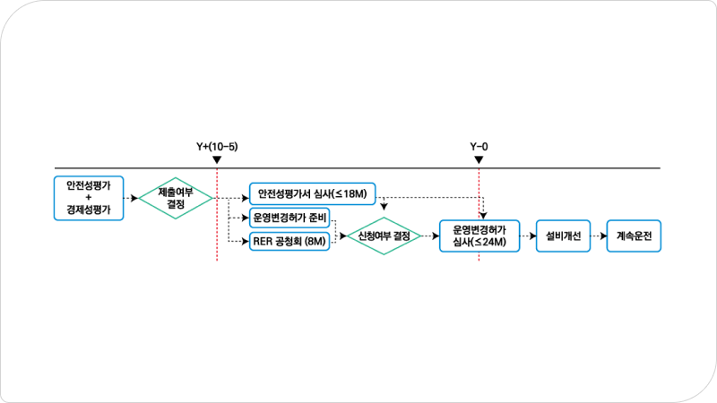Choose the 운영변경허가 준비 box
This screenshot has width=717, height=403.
pyautogui.click(x=289, y=217)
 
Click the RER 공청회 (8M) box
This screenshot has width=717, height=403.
pyautogui.click(x=289, y=240)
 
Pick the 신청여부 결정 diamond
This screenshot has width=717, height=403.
pyautogui.click(x=383, y=236)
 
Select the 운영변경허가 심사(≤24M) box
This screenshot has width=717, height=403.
pyautogui.click(x=479, y=236)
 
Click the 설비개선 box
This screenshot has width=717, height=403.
pyautogui.click(x=563, y=236)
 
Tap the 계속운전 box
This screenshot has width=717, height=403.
pyautogui.click(x=635, y=236)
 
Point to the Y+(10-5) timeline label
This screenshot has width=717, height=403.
pyautogui.click(x=217, y=145)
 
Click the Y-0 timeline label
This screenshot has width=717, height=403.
pyautogui.click(x=479, y=145)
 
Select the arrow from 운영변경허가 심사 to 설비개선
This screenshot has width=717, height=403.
pyautogui.click(x=528, y=236)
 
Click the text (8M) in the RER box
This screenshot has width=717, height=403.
pyautogui.click(x=315, y=240)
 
